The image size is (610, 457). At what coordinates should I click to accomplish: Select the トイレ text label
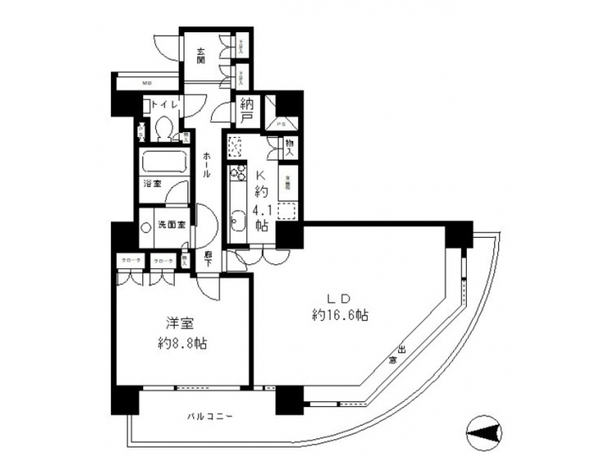tap(161, 106)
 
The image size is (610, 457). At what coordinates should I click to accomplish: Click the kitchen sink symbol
tap(237, 223)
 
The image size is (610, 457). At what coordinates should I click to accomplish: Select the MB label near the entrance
tap(147, 84)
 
